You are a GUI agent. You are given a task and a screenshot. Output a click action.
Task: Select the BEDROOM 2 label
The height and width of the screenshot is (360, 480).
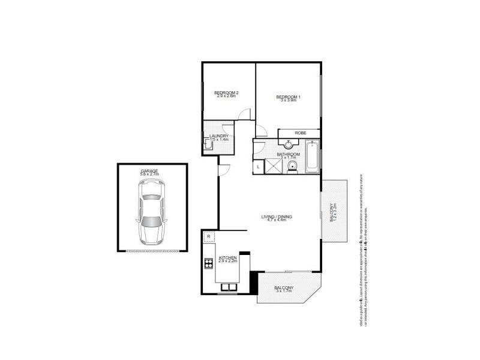pyautogui.click(x=227, y=94)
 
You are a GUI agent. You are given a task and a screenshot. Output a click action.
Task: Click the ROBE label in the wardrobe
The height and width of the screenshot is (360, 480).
pyautogui.click(x=300, y=133)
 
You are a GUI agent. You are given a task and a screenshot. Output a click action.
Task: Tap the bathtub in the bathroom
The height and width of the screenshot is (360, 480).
pyautogui.click(x=313, y=157)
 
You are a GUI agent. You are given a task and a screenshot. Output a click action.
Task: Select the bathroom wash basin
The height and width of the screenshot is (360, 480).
pyautogui.click(x=289, y=143)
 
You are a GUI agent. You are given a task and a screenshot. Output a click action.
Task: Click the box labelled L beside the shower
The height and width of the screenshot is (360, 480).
pyautogui.click(x=258, y=166)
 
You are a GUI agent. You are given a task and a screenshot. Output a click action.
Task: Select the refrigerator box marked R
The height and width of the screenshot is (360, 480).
pyautogui.click(x=208, y=236)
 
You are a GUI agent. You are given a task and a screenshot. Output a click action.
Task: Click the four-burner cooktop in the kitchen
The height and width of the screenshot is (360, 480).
pyautogui.click(x=209, y=262)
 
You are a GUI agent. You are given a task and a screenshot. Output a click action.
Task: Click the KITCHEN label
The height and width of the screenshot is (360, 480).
pyautogui.click(x=227, y=259)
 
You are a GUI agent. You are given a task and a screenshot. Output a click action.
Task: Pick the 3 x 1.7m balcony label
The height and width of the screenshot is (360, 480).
pyautogui.click(x=284, y=290)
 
